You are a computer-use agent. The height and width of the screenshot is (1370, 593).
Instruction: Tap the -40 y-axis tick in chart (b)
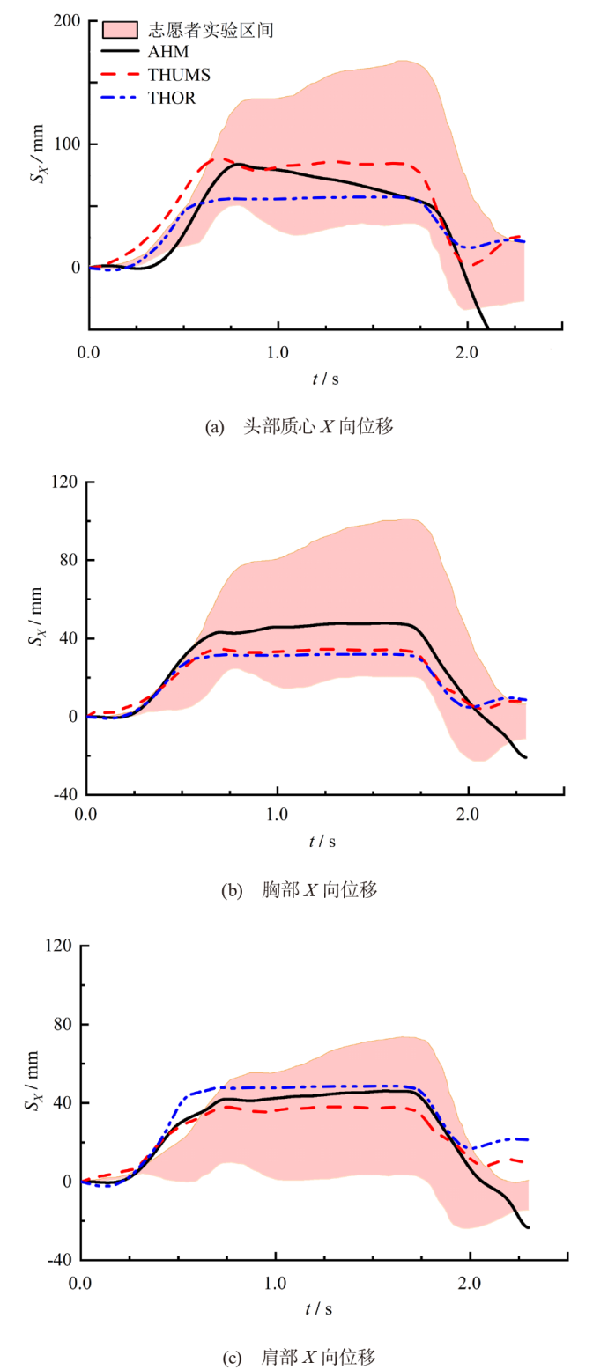[67, 795]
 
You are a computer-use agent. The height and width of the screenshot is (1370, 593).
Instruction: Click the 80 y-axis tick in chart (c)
[63, 1025]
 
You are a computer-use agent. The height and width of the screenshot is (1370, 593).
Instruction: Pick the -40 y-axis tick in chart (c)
[61, 1260]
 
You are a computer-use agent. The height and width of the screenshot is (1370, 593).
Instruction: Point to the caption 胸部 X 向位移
[320, 890]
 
